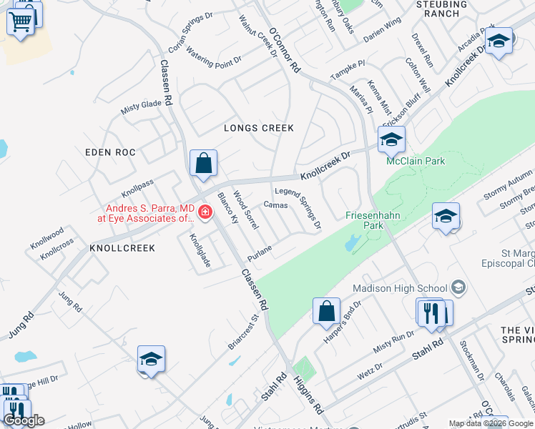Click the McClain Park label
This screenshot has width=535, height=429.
tap(416, 161)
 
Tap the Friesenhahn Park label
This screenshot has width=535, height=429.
tap(365, 220)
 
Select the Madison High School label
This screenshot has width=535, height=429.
tap(400, 288)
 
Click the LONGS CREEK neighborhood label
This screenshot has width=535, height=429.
tap(258, 128)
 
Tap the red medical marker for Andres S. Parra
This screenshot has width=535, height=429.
tap(205, 212)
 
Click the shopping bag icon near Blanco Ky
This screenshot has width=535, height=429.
tap(204, 162)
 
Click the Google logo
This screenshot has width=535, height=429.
tap(24, 420)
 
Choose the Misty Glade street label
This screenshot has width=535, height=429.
tap(141, 107)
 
